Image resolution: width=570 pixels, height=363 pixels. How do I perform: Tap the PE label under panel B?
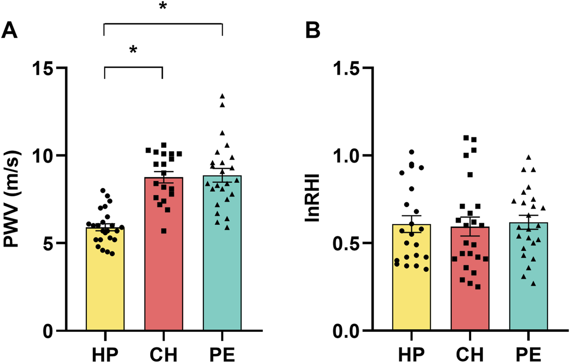(528, 352)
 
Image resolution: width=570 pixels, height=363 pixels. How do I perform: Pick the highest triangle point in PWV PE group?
(222, 96)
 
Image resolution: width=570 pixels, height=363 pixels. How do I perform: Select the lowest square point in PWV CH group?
(164, 231)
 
